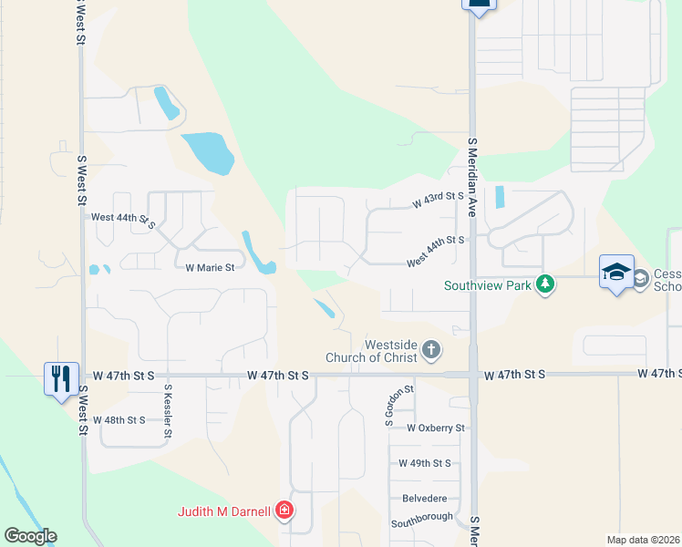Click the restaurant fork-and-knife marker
click(60, 377)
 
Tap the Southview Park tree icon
click(545, 284)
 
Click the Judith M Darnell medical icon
click(284, 511)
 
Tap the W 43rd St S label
click(439, 200)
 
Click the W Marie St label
click(210, 268)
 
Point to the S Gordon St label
click(387, 406)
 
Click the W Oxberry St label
click(436, 428)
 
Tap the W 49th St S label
click(425, 463)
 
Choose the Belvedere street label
click(425, 499)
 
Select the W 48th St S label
click(119, 420)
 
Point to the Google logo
click(30, 536)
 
